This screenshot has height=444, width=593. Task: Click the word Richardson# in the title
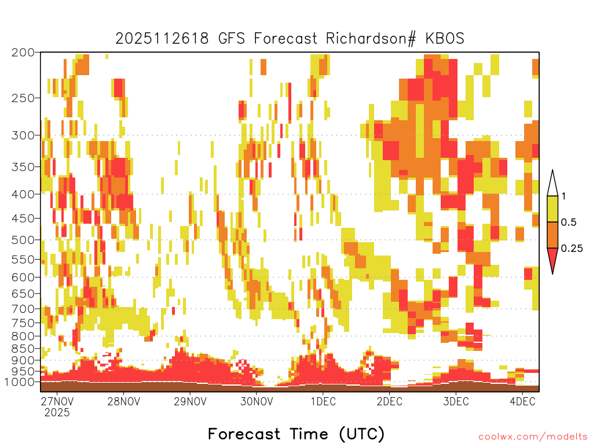pos(371,39)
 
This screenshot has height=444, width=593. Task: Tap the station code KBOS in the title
pos(444,39)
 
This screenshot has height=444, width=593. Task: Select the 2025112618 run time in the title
pos(162,39)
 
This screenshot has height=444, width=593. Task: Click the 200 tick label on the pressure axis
pos(23,53)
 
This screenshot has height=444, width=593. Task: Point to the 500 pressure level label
pos(23,240)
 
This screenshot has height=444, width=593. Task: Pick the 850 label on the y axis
pos(23,349)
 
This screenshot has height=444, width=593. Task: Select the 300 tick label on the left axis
pos(23,135)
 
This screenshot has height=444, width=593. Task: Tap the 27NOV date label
pos(57,401)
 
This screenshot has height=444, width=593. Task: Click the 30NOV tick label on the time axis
pos(257,401)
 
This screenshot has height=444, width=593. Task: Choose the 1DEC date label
pos(323,401)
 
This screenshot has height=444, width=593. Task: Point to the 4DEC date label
pos(523,401)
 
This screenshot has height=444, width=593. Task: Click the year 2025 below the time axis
pos(57,412)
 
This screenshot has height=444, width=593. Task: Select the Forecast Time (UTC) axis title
pos(296,434)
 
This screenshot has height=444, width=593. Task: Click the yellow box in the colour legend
pos(552,209)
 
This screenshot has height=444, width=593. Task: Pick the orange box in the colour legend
pos(552,235)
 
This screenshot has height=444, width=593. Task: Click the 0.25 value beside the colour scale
pos(572,249)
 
